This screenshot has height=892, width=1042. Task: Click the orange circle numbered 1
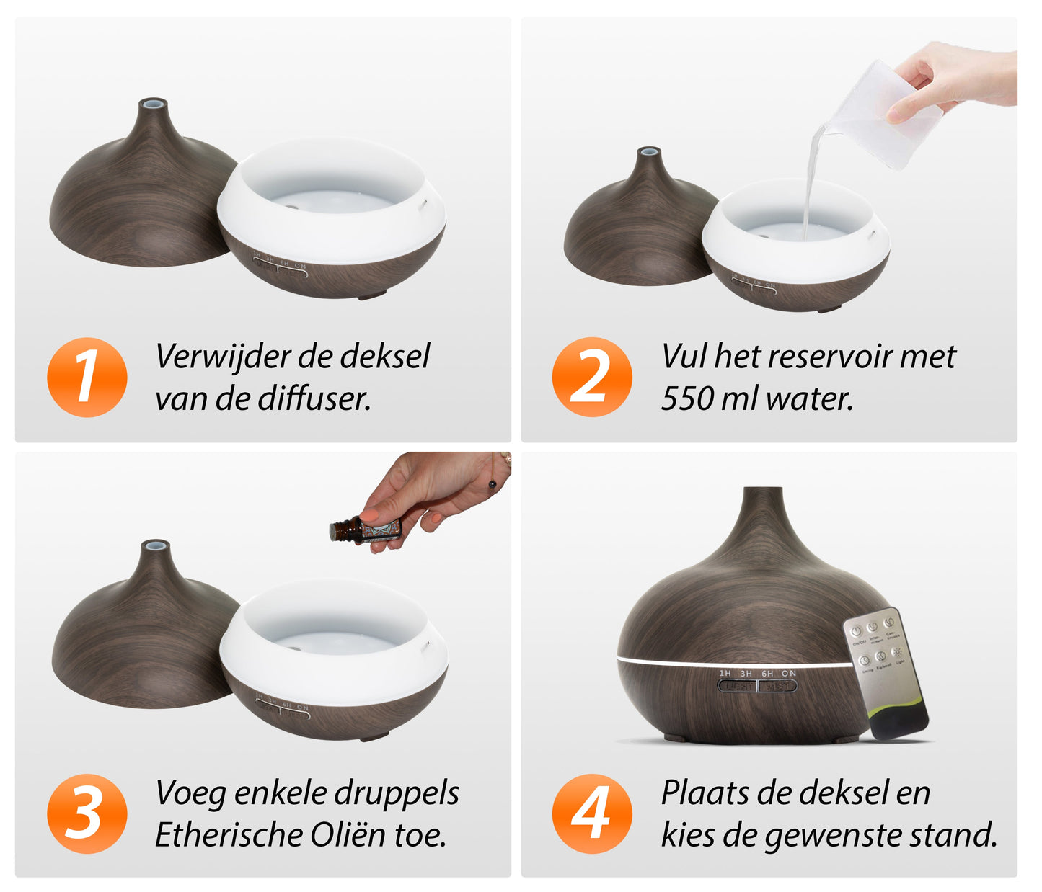[87, 377]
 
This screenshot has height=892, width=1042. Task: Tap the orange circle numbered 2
[592, 377]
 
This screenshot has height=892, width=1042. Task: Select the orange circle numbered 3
[87, 813]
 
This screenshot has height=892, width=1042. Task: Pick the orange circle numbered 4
[592, 813]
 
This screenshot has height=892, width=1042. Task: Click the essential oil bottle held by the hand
[364, 530]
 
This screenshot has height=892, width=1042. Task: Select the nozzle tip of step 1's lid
[153, 104]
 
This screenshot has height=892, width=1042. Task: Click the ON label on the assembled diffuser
[789, 674]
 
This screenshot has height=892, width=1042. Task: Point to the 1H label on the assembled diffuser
[725, 674]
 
